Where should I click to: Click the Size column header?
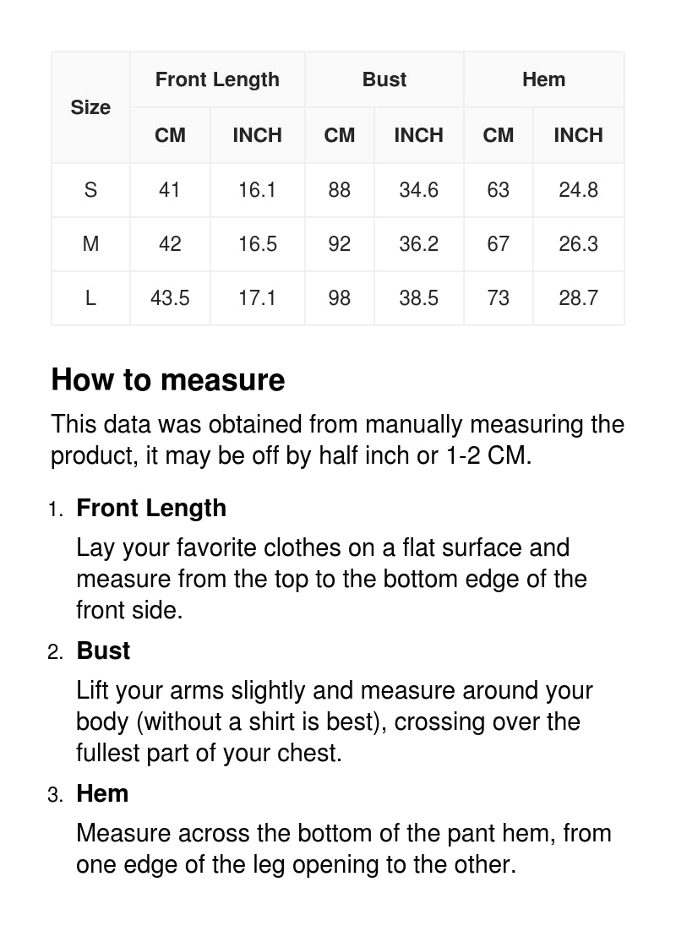click(x=90, y=107)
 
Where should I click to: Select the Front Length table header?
click(x=217, y=79)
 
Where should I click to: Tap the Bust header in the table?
click(x=384, y=79)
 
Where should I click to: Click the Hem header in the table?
click(x=543, y=79)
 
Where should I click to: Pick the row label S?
click(x=90, y=190)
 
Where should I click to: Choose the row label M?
click(x=90, y=244)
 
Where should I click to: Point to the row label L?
click(x=90, y=298)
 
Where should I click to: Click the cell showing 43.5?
click(x=170, y=298)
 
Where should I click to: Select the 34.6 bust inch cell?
click(x=418, y=190)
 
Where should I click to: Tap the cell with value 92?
click(x=340, y=244)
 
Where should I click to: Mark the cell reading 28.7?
click(x=578, y=298)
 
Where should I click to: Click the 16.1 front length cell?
click(x=257, y=190)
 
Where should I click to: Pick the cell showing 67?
click(x=499, y=244)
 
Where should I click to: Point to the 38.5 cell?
click(x=418, y=298)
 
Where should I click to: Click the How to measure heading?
click(x=168, y=380)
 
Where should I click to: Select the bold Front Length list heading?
click(x=151, y=508)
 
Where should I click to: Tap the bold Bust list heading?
click(x=103, y=651)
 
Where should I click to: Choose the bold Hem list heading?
click(x=102, y=793)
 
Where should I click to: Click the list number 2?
click(x=55, y=652)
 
